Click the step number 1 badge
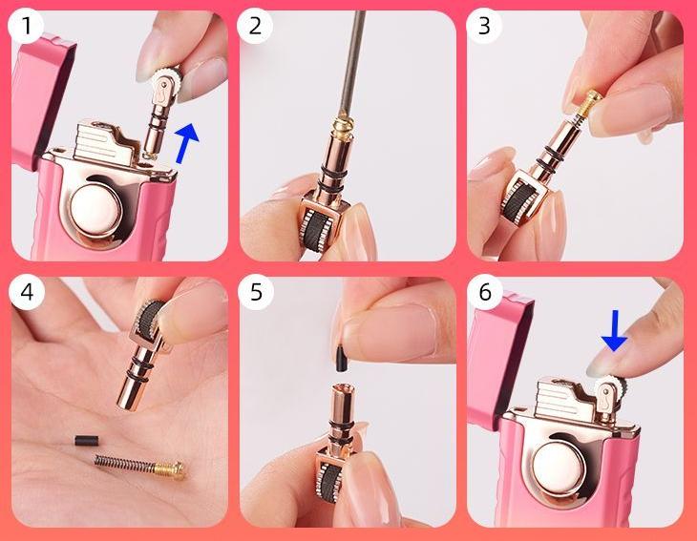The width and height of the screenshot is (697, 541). (x=26, y=26)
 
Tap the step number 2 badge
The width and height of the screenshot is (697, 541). (x=255, y=26)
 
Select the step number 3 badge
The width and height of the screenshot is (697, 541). (x=484, y=26)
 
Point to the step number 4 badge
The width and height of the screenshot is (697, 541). (x=27, y=292)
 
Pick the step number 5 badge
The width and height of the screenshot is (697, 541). (x=256, y=292)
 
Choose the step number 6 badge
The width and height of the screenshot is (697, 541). (x=485, y=292)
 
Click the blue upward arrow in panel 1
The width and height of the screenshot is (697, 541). (x=186, y=143)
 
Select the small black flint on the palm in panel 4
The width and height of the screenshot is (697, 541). (x=87, y=441)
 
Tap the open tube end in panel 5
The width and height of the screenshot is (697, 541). (x=341, y=390)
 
